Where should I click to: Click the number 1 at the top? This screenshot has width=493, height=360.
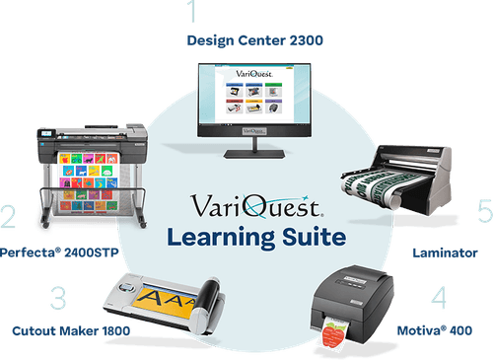click(x=192, y=13)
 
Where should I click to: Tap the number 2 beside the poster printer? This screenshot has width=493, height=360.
click(x=10, y=217)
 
